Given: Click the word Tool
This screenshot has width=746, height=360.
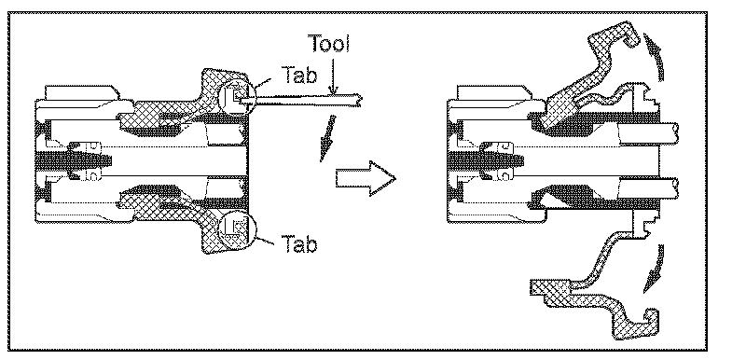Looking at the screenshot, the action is [331, 43].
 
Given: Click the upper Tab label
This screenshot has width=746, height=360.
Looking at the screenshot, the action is [299, 75].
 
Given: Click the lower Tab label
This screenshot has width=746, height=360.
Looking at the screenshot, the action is [299, 244].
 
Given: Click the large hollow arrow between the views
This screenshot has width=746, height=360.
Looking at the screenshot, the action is [366, 178].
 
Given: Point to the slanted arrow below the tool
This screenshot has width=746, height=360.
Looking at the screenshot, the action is [327, 138].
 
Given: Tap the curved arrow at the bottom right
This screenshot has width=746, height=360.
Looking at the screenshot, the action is [655, 269].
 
